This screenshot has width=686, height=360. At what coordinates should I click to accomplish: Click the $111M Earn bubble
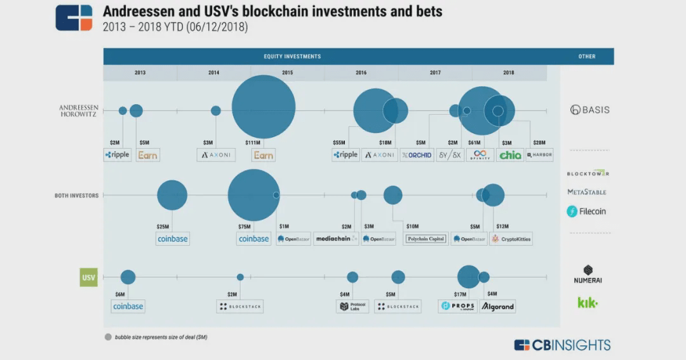(x=263, y=107)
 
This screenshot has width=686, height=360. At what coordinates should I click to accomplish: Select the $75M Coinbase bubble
(x=253, y=195)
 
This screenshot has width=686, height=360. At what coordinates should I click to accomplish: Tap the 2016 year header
(x=361, y=73)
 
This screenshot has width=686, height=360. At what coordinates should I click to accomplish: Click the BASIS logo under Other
(x=589, y=110)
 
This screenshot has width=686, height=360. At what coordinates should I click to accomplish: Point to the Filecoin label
(x=586, y=211)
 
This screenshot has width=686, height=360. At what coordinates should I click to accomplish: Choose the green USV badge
(x=89, y=277)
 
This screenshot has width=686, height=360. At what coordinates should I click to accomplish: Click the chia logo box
(x=510, y=155)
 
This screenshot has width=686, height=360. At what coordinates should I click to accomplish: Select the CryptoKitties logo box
(x=511, y=239)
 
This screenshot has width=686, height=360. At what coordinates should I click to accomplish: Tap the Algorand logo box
(x=498, y=306)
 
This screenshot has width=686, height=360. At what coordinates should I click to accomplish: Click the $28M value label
(x=539, y=143)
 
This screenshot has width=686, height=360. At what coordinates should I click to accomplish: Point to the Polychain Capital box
(x=426, y=239)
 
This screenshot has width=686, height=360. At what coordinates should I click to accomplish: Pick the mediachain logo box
(x=336, y=239)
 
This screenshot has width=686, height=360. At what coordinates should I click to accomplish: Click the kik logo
(x=588, y=303)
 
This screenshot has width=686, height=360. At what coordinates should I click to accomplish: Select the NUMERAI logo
(x=588, y=274)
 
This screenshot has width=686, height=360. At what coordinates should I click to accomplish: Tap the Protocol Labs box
(x=353, y=306)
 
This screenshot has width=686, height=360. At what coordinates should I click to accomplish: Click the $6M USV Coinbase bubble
(x=128, y=277)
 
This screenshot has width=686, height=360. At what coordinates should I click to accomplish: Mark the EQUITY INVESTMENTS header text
(x=292, y=57)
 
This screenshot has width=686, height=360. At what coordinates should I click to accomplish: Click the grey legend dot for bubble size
(x=108, y=337)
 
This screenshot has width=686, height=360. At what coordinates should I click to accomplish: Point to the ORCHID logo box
(x=417, y=155)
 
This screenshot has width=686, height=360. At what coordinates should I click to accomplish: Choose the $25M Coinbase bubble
(x=172, y=195)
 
